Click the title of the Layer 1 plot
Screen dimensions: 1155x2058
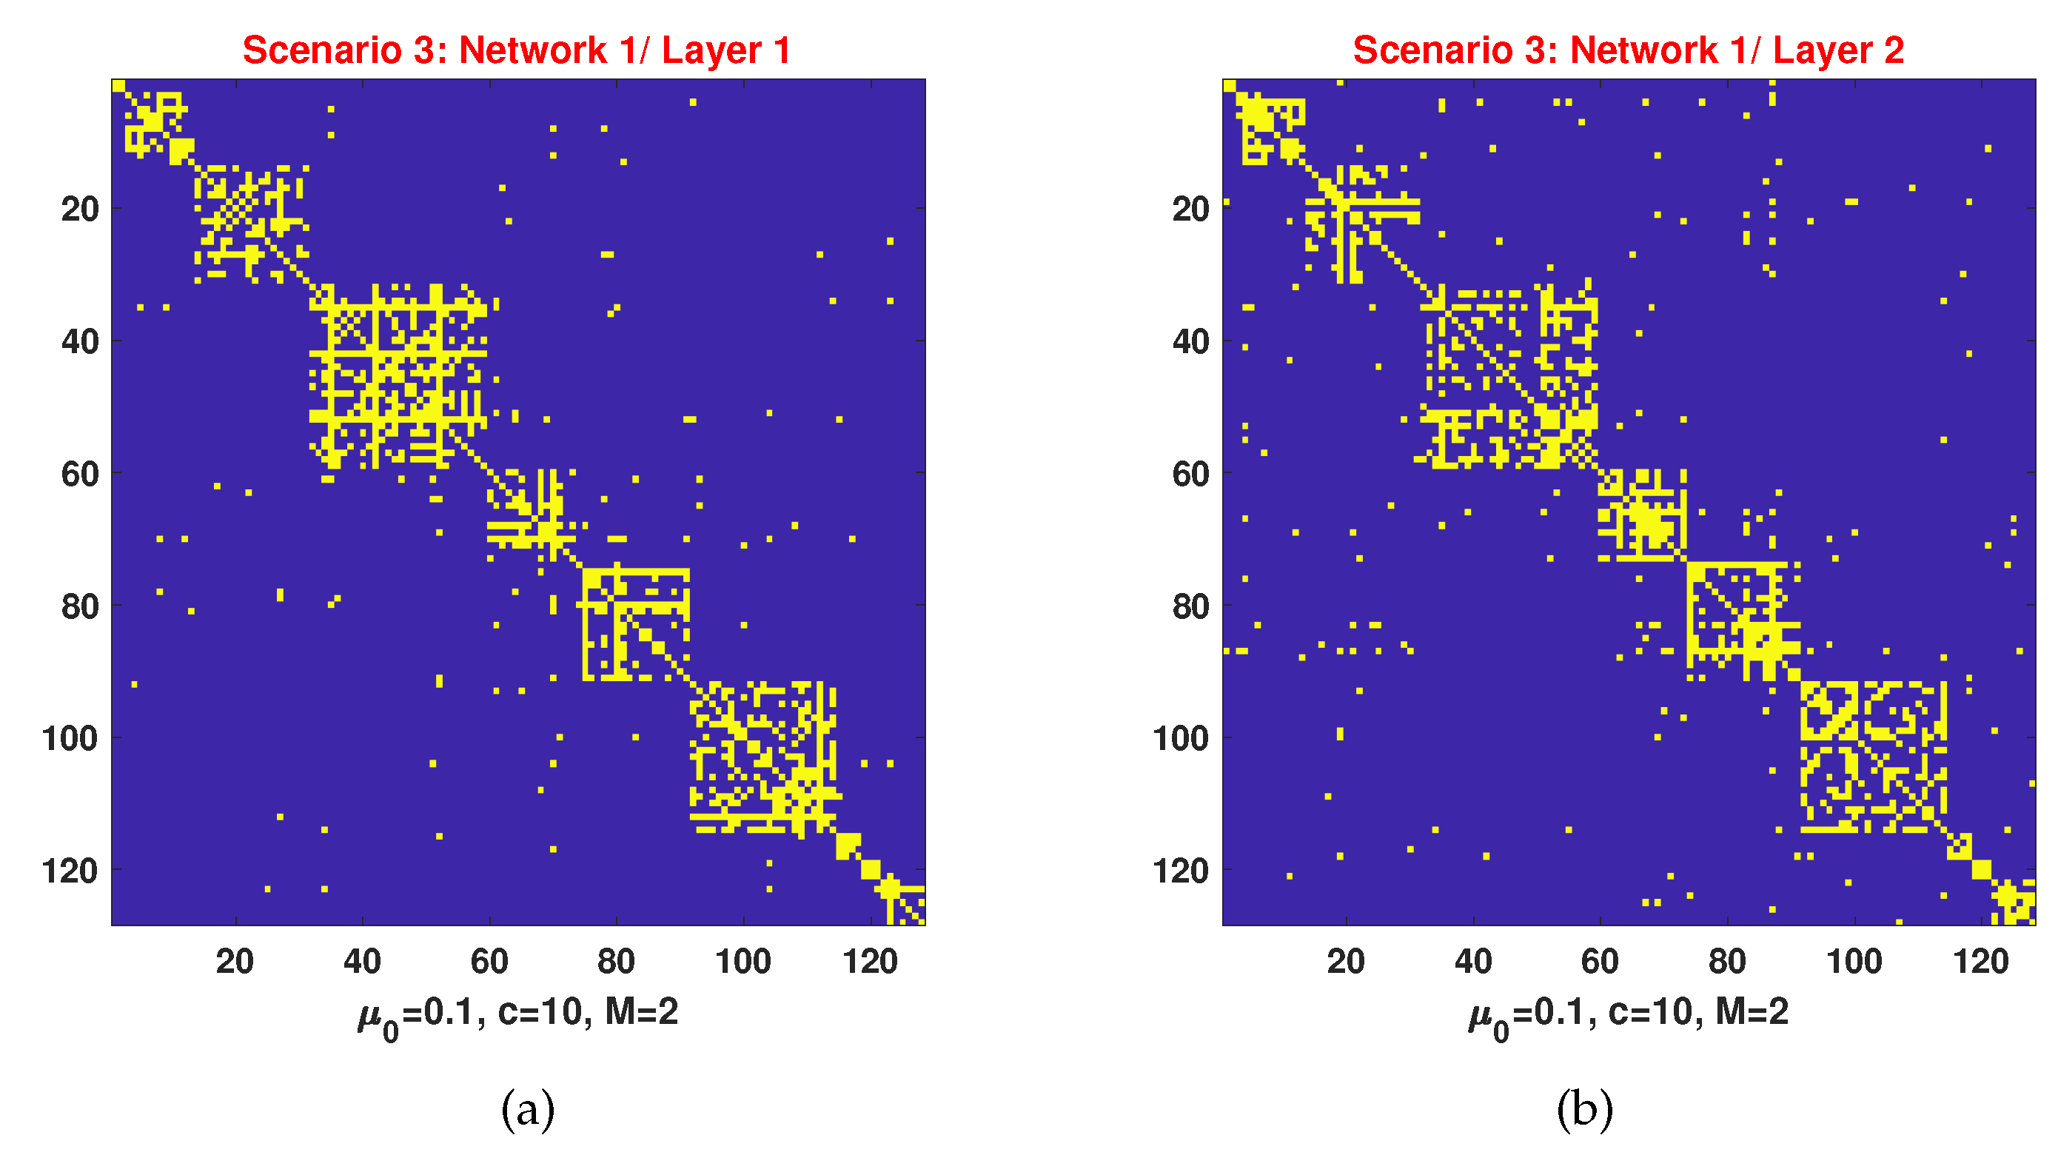point(517,50)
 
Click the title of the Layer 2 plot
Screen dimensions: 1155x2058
point(1628,50)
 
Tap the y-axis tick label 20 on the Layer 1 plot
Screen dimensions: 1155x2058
point(80,210)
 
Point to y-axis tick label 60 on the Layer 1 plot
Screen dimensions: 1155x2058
point(80,475)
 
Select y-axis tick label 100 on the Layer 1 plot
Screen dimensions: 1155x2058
point(70,739)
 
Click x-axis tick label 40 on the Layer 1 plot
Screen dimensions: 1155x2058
point(362,961)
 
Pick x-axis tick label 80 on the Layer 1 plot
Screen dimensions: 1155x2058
point(616,961)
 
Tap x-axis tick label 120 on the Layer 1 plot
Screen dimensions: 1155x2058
point(870,961)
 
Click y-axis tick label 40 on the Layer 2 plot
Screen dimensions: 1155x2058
point(1190,342)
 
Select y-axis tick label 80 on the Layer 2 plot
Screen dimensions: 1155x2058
point(1190,607)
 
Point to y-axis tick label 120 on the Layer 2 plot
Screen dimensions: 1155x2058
point(1181,871)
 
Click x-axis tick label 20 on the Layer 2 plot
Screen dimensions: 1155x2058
point(1346,961)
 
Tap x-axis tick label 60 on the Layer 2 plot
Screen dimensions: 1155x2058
point(1601,961)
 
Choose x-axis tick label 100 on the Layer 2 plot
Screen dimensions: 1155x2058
point(1854,961)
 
